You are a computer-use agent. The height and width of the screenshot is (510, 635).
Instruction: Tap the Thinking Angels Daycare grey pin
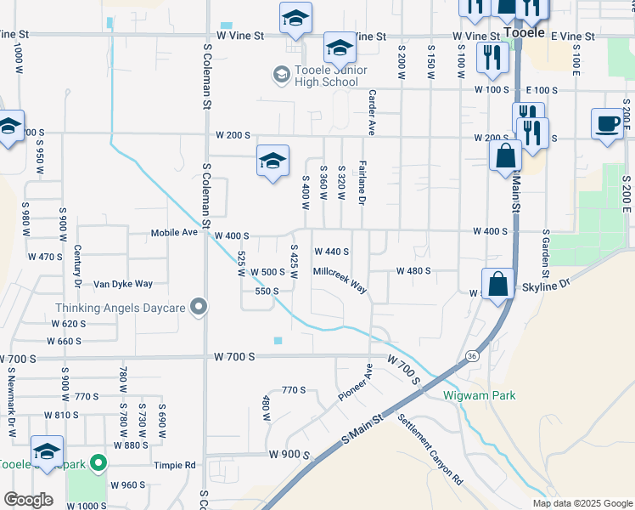tap(199, 307)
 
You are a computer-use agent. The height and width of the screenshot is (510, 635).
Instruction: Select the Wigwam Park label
tap(479, 395)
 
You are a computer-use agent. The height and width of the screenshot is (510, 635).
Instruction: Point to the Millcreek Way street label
tap(340, 280)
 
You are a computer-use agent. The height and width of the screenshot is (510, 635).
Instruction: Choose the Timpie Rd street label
tap(175, 465)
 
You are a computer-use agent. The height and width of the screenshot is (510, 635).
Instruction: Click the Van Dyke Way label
tap(122, 284)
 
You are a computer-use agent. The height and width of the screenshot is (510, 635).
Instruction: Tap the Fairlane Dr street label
tap(362, 183)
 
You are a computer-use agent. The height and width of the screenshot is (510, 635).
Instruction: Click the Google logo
tap(27, 500)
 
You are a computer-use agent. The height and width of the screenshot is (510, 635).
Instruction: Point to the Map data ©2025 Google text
tap(582, 503)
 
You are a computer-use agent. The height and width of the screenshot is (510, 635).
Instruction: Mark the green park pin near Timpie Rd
tap(98, 464)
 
